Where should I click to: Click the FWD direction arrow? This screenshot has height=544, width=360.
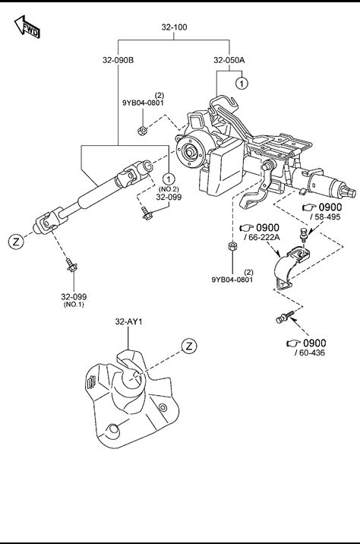pos(27,27)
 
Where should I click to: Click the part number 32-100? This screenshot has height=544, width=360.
pos(174,27)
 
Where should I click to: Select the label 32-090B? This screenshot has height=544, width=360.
pos(118,60)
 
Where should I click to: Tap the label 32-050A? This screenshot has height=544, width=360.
pos(229,60)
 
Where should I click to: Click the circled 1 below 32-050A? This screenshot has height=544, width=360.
pos(242,83)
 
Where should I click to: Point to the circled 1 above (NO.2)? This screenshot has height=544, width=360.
pos(169,179)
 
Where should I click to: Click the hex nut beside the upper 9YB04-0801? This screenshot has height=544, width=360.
pos(142,131)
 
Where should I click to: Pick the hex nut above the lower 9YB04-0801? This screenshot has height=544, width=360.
pos(232,246)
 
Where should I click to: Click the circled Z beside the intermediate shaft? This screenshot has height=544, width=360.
pos(16,242)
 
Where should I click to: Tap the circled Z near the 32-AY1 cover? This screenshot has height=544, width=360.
pos(189,346)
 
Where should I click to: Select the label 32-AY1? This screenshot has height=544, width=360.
pos(128,321)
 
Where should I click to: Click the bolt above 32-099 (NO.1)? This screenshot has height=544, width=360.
pos(72,265)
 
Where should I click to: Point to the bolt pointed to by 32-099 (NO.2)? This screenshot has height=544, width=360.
pos(147,213)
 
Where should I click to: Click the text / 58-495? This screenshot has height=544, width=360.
pos(325,217)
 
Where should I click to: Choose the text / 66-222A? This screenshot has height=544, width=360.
pos(262,237)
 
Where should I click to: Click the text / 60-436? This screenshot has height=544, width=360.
pos(310,353)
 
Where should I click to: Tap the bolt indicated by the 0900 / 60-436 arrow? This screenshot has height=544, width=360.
pos(285,317)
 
